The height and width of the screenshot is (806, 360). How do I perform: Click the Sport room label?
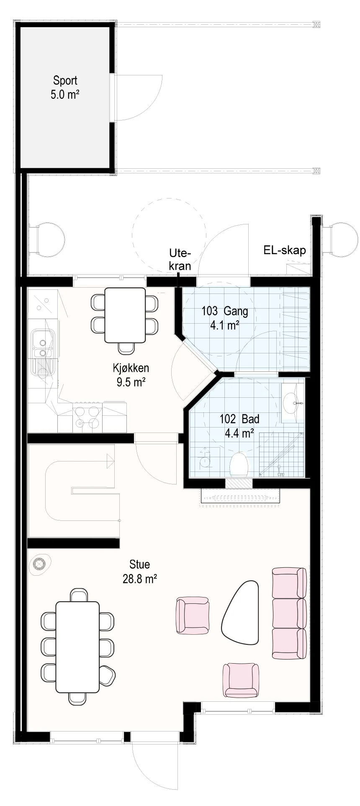(65, 87)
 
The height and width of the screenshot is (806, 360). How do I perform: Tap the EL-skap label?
(285, 250)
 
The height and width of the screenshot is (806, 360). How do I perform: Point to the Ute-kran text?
(180, 259)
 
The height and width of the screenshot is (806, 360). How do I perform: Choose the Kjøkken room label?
(131, 375)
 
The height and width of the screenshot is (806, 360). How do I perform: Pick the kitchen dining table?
(125, 315)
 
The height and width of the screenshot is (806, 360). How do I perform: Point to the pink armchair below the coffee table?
(240, 680)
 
